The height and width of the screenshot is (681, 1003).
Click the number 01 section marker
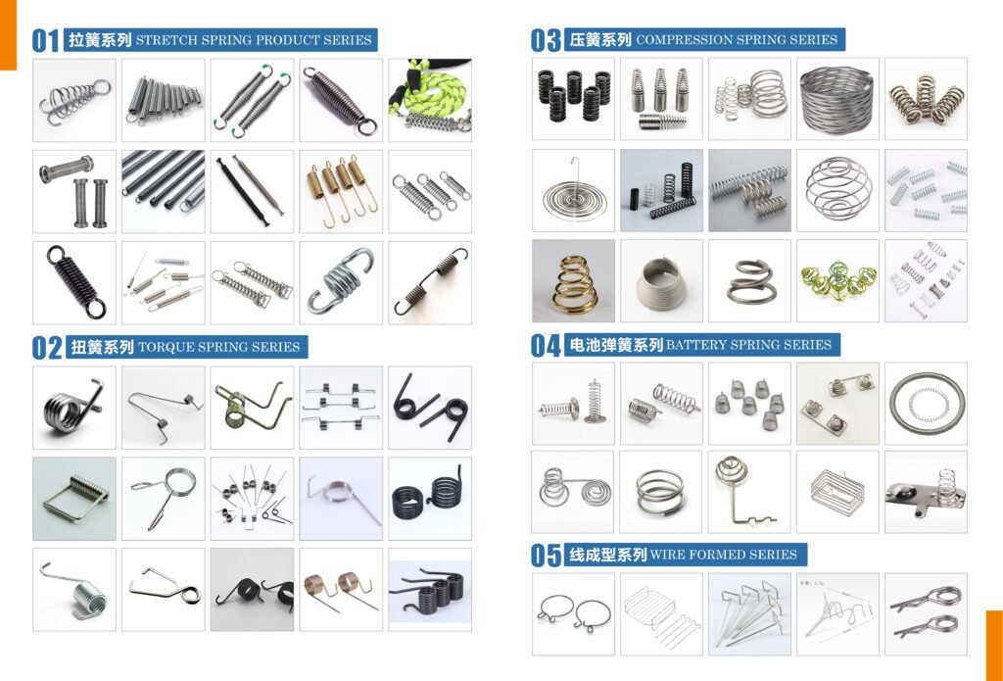(45, 40)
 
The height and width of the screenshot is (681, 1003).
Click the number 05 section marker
(546, 555)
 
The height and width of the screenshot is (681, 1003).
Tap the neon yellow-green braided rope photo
(430, 101)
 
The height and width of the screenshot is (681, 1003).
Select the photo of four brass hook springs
(341, 191)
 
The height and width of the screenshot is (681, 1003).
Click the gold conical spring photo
(573, 281)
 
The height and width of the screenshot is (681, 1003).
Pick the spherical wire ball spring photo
(837, 190)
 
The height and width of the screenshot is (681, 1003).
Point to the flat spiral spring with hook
(573, 190)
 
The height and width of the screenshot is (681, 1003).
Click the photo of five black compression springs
(573, 99)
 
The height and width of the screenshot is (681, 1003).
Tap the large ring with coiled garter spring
(926, 404)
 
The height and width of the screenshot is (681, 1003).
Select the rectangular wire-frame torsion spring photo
(74, 499)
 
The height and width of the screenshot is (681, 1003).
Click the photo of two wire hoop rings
(573, 614)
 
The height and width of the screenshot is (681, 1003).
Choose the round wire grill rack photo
(661, 614)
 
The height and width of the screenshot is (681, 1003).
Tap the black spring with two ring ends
(74, 282)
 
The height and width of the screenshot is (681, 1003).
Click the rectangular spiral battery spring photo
(837, 492)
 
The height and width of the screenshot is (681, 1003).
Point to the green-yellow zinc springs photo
(837, 281)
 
